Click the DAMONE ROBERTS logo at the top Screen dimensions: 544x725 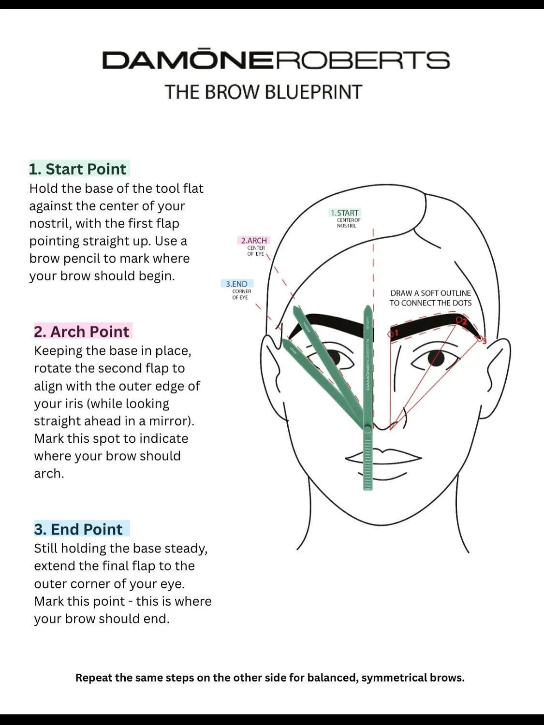(x=276, y=60)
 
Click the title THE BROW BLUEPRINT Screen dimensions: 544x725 (x=264, y=92)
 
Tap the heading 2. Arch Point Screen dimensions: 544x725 (x=82, y=332)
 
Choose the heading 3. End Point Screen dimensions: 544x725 (x=78, y=529)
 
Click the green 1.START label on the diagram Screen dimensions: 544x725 (x=345, y=213)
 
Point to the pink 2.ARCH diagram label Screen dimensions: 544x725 (x=254, y=240)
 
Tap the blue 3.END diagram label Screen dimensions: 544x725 (x=236, y=284)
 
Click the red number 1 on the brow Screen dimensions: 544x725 (x=396, y=333)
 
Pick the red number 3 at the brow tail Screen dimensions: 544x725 (x=485, y=341)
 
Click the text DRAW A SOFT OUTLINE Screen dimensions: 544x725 (x=430, y=293)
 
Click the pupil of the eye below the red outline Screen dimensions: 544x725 (x=437, y=358)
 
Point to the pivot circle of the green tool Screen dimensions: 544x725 (x=368, y=429)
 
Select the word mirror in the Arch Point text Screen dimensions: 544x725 (x=170, y=421)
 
